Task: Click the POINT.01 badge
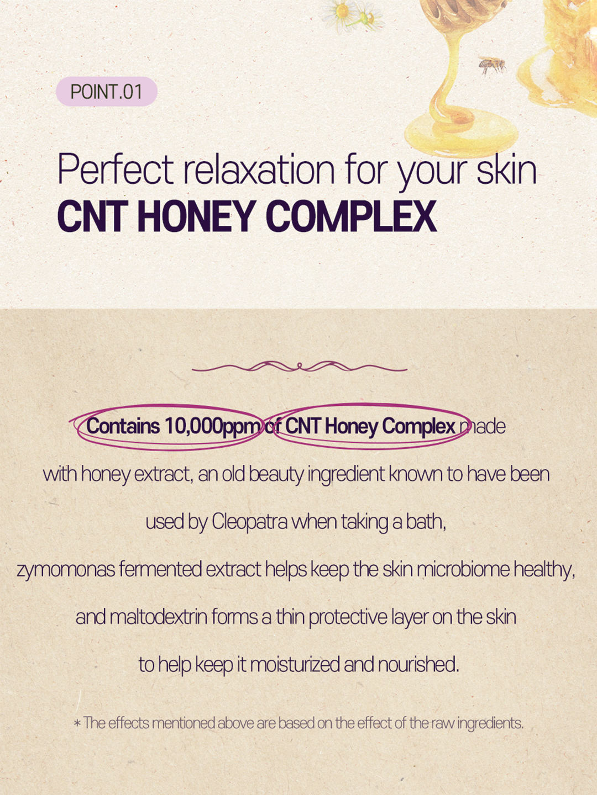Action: point(107,91)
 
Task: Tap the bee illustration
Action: point(492,66)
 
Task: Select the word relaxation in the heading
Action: point(259,169)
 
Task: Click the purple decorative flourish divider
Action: point(300,367)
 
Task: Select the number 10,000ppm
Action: point(213,426)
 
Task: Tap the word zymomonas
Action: point(66,570)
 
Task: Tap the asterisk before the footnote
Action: point(77,724)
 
